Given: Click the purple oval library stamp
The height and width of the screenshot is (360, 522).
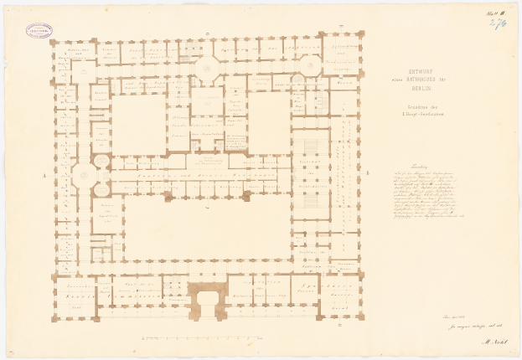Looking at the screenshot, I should (39, 31).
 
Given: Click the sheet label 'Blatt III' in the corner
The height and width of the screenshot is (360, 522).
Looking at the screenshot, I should (493, 13).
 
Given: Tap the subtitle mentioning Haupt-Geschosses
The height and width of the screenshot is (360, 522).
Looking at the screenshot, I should (416, 110).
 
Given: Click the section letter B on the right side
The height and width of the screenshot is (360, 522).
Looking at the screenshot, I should (367, 172).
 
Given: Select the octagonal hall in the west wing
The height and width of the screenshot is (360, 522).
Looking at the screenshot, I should (84, 175).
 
